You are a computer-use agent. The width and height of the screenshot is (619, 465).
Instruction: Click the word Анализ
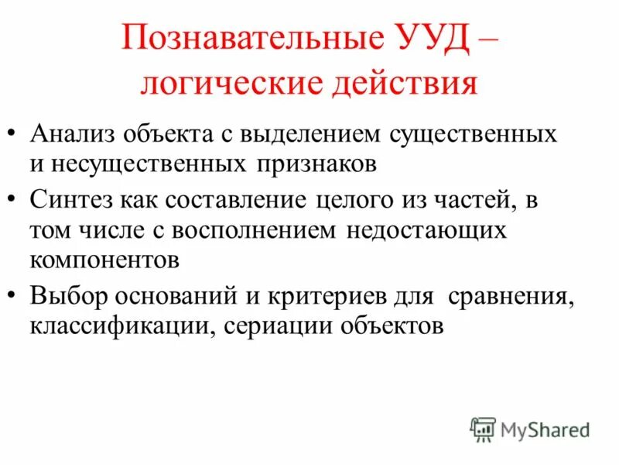point(69,133)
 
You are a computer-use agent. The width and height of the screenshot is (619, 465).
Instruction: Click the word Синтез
point(72,199)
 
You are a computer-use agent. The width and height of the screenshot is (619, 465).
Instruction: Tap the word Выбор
point(69,295)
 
